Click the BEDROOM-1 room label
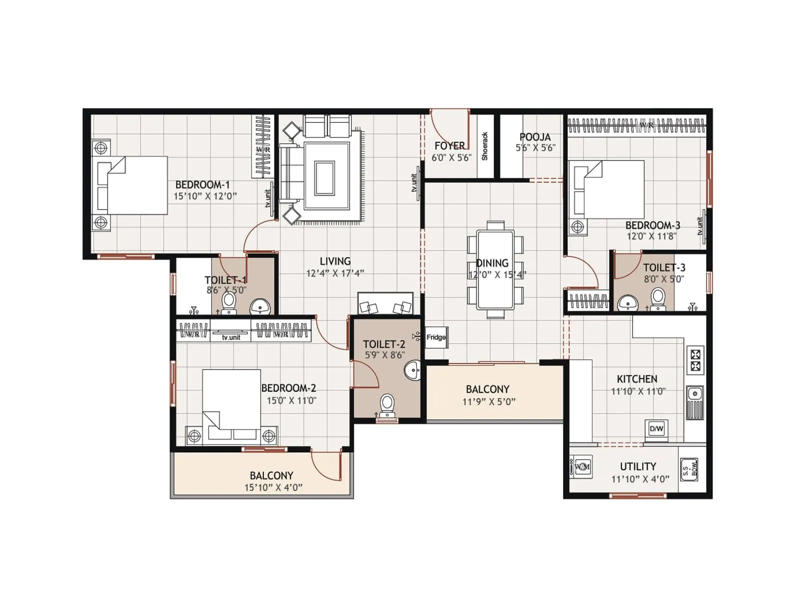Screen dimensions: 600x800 click(202, 184)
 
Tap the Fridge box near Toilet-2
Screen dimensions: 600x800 click(436, 337)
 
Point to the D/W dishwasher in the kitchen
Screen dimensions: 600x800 click(656, 428)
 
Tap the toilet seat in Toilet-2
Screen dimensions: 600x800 click(387, 403)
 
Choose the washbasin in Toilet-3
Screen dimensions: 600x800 click(627, 302)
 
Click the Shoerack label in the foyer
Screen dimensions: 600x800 click(484, 146)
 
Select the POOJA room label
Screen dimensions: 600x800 click(535, 136)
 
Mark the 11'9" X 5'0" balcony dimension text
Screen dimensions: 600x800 click(489, 401)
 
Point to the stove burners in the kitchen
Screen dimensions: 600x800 click(695, 360)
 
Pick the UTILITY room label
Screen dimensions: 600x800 click(638, 466)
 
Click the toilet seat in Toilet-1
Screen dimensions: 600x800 click(228, 301)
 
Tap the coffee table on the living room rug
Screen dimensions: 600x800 click(324, 178)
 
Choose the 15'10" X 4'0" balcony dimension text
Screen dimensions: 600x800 click(273, 487)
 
